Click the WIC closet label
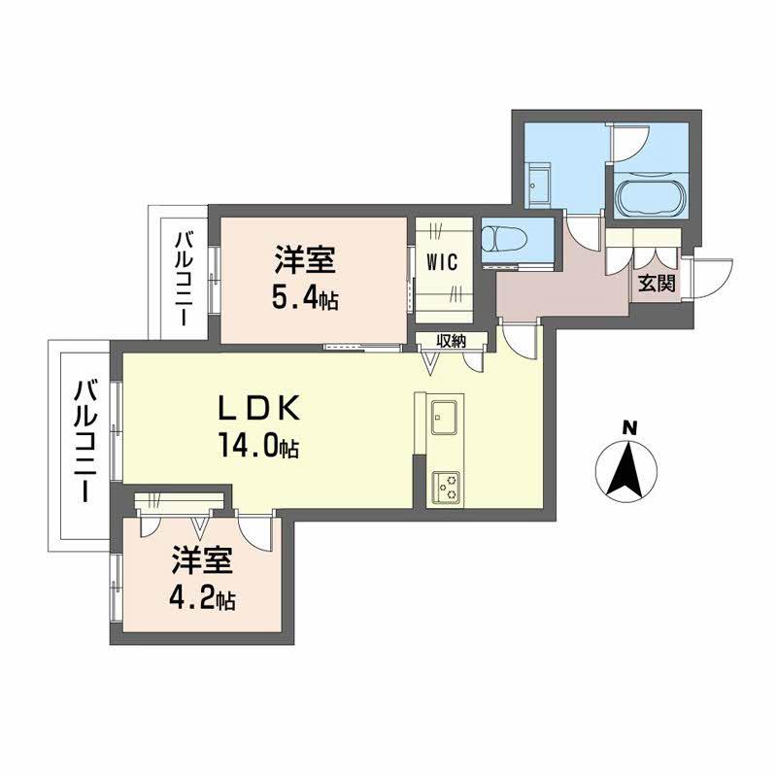tap(442, 261)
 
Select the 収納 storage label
tap(451, 341)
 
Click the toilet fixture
tap(504, 238)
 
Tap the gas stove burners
tap(448, 484)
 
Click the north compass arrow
tap(627, 470)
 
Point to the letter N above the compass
tap(629, 426)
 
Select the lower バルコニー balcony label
tap(85, 443)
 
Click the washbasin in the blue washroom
tap(539, 182)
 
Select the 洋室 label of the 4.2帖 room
tap(201, 560)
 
